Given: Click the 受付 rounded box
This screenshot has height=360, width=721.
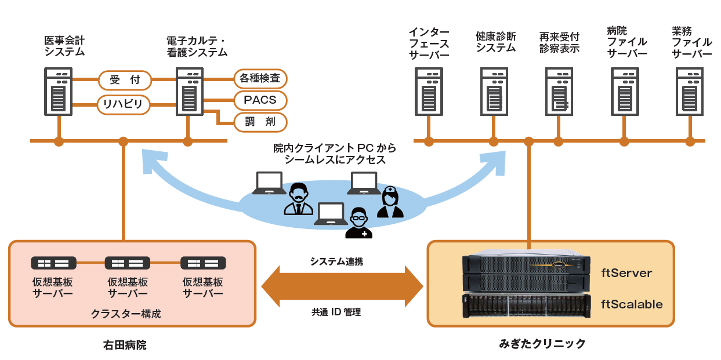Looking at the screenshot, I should coord(125,79).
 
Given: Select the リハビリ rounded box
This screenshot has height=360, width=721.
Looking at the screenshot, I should coord(124,104).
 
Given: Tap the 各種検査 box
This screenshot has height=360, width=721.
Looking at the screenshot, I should coord(260,78).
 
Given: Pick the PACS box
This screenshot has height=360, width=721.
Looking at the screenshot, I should coord(260,100).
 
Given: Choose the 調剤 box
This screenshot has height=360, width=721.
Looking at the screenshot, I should coord(260,122).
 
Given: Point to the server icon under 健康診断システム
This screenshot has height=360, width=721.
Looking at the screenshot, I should coord(494,90).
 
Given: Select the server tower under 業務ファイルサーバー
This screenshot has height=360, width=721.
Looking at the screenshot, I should coord(690,90).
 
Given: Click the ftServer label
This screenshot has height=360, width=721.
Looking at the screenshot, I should coord(626,272).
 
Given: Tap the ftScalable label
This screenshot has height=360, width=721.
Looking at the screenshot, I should coord(631,304).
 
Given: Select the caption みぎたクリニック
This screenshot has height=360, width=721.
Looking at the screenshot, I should coord(542,344).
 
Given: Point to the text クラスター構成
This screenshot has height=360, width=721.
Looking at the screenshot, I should coord(126,314).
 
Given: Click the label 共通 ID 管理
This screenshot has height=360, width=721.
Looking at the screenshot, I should coord(336,312).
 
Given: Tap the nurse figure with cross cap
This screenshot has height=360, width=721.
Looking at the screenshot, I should coord(390,202).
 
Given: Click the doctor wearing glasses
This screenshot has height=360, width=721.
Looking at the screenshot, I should coord(359,223).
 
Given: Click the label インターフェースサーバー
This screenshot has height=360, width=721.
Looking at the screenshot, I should coord(429,43).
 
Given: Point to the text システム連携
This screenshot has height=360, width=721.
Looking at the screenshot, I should coord(336,261).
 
